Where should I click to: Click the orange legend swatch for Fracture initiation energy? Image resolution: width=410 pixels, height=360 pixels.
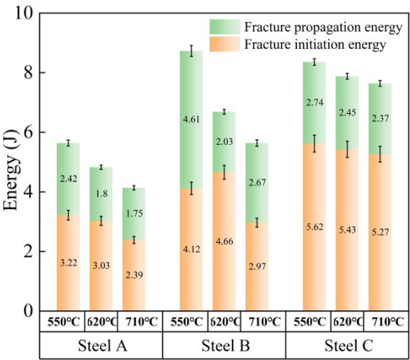click(x=224, y=44)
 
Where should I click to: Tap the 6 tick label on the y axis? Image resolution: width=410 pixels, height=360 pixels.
click(x=28, y=133)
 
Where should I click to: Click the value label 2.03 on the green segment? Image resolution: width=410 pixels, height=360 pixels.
click(x=224, y=142)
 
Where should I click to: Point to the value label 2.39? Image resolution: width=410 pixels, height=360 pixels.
click(x=134, y=274)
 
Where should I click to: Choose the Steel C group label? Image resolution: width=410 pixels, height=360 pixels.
click(x=347, y=346)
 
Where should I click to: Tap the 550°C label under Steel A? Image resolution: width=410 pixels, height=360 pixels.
click(x=64, y=322)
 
